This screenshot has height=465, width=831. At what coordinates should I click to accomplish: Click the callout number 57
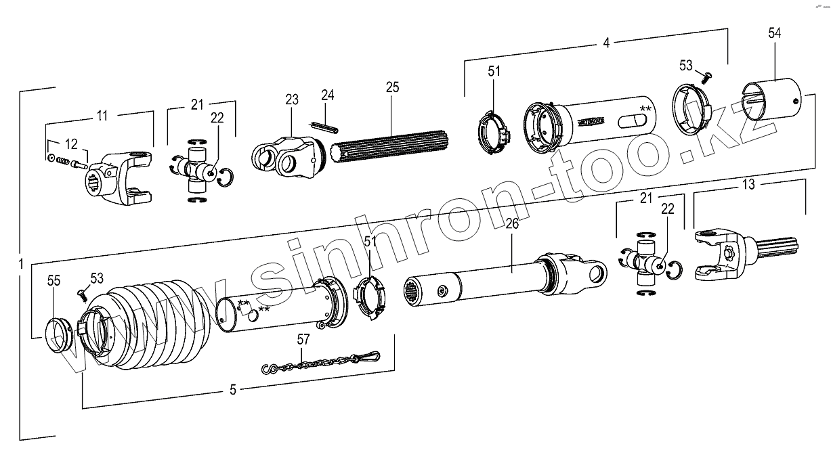pyautogui.click(x=303, y=339)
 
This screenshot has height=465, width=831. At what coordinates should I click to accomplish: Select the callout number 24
pyautogui.click(x=328, y=95)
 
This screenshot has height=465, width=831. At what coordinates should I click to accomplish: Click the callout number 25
pyautogui.click(x=392, y=87)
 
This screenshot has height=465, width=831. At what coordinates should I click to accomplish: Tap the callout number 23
pyautogui.click(x=291, y=99)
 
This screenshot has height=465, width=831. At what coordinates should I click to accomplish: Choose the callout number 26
pyautogui.click(x=512, y=223)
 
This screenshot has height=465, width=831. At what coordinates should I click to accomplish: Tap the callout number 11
pyautogui.click(x=102, y=116)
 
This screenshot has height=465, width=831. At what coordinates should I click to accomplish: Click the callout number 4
pyautogui.click(x=606, y=42)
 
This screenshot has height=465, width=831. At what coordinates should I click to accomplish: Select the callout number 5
pyautogui.click(x=233, y=390)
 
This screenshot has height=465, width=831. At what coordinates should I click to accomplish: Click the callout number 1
pyautogui.click(x=21, y=263)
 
